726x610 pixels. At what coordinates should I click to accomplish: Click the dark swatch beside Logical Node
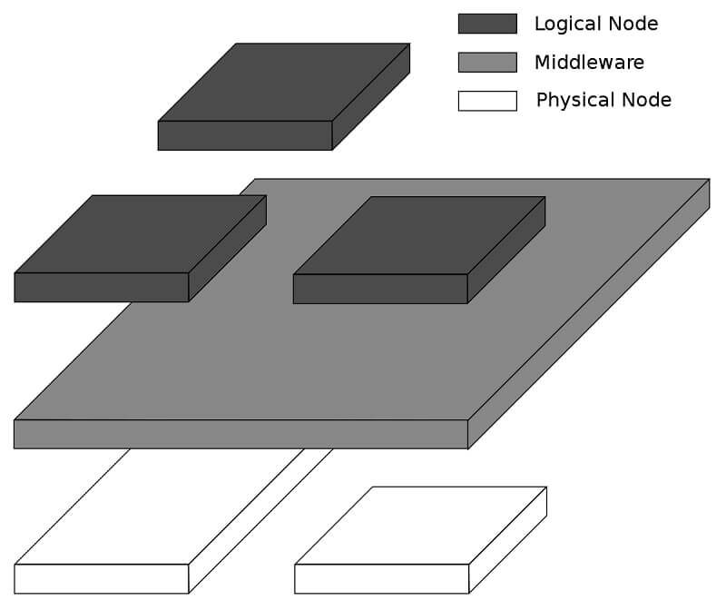coord(487,24)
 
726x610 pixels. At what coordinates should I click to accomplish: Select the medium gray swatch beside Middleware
coord(487,62)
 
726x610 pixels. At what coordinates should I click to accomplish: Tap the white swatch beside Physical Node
coord(487,100)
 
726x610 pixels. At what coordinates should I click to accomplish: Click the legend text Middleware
coord(589,63)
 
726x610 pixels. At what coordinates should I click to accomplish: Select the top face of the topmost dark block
coord(284,82)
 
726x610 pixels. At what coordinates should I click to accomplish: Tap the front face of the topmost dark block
coord(245,135)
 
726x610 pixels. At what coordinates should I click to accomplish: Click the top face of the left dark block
coord(141,233)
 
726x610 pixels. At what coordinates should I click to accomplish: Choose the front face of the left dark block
coord(102,287)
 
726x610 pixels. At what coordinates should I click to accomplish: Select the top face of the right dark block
coord(419,235)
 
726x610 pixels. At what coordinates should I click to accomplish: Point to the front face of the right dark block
coord(380,289)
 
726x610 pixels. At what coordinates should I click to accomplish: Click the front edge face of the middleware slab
coord(240,434)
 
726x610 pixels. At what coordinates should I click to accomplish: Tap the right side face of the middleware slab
coord(590,313)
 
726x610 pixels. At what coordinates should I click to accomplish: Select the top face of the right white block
coord(421,525)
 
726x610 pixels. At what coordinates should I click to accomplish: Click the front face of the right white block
coord(382,578)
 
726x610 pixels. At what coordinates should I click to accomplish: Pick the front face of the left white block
coord(102,578)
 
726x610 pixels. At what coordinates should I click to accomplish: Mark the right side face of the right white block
coord(508,540)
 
